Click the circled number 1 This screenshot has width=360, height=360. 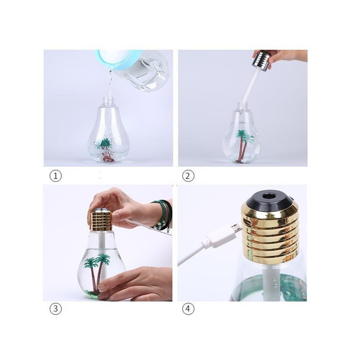(x=56, y=176)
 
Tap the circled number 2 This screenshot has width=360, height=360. (x=188, y=176)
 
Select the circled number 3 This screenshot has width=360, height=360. (x=56, y=308)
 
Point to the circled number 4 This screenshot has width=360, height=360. (x=188, y=308)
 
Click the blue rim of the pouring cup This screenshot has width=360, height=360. (x=115, y=61)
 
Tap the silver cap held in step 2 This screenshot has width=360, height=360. (x=262, y=59)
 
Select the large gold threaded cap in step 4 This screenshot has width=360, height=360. (x=269, y=232)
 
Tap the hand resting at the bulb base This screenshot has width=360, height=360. (x=136, y=284)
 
